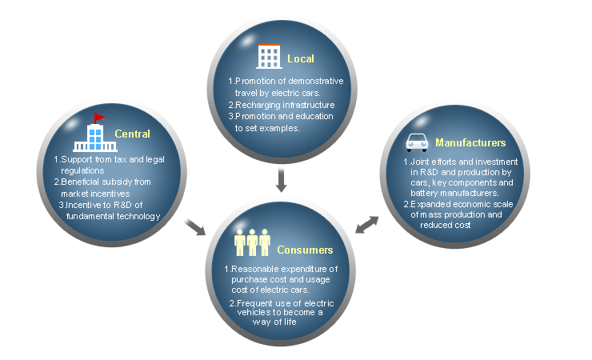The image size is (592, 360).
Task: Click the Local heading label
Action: (302, 58)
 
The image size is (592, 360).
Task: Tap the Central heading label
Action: (132, 133)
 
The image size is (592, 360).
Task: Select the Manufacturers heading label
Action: (470, 143)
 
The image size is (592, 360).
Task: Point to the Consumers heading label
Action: (305, 250)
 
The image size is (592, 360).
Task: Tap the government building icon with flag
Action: (94, 134)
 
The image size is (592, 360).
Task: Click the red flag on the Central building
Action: (99, 118)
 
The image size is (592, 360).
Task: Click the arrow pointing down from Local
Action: (280, 179)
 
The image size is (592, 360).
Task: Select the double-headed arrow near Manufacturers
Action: (367, 223)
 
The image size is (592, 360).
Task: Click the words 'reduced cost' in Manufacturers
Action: (449, 225)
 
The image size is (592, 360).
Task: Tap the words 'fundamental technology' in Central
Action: (113, 216)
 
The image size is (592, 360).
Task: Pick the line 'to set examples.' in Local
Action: (267, 128)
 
